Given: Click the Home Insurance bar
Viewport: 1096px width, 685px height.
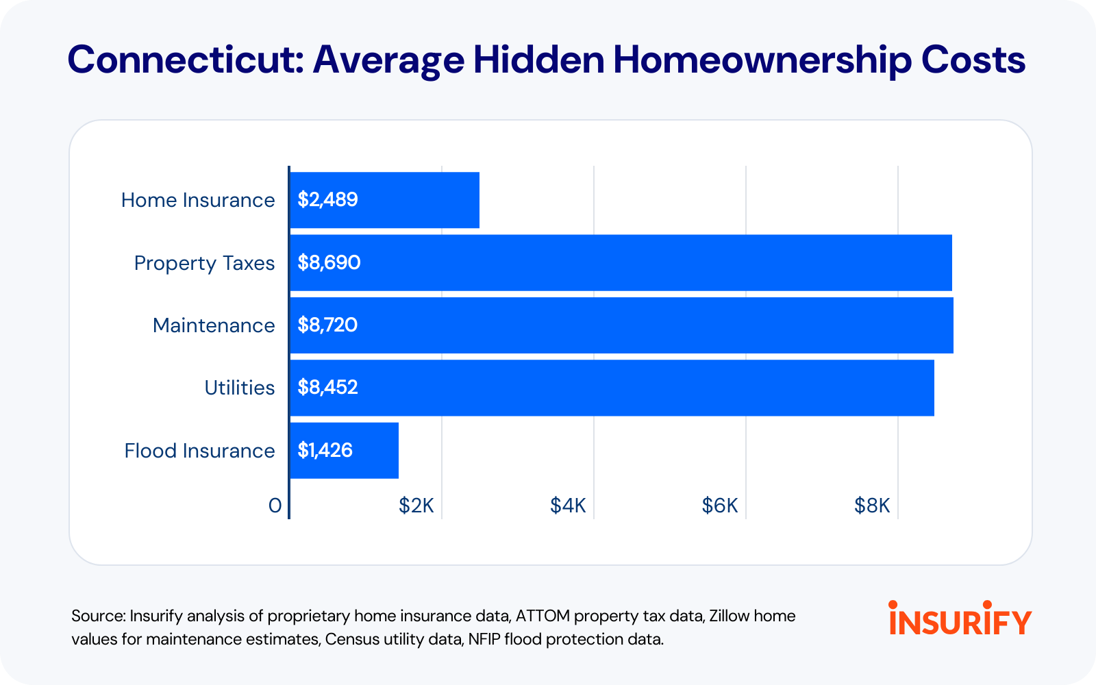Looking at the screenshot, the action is [x=384, y=200].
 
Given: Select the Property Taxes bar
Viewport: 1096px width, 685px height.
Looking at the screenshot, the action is [x=621, y=263].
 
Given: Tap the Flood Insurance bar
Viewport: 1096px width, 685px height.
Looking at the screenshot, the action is [x=345, y=451].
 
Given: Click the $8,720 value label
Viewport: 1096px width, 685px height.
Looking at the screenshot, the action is [x=328, y=325].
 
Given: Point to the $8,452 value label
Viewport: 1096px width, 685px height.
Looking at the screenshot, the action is [x=328, y=388].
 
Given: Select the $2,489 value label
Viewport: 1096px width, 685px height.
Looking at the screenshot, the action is [x=328, y=199].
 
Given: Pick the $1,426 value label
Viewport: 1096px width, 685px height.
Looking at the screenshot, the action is [x=325, y=450].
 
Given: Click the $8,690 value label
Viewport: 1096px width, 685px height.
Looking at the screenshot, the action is [x=329, y=263].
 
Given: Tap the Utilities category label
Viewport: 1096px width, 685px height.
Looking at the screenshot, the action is [x=240, y=388].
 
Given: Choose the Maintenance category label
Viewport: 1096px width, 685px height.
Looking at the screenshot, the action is [x=214, y=325].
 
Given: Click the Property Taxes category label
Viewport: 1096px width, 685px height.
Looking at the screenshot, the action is [x=205, y=263].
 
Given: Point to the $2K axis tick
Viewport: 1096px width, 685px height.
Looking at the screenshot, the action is [x=416, y=506].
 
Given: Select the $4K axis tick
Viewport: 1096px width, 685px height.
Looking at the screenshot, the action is [x=568, y=506].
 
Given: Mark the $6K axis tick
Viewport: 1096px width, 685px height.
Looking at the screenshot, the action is [x=720, y=506].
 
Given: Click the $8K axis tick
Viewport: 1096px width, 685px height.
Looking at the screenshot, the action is [x=872, y=506].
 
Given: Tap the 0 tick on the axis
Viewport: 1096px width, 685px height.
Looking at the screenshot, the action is [x=275, y=506].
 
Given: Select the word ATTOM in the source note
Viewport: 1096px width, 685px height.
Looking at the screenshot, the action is [x=543, y=616].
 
